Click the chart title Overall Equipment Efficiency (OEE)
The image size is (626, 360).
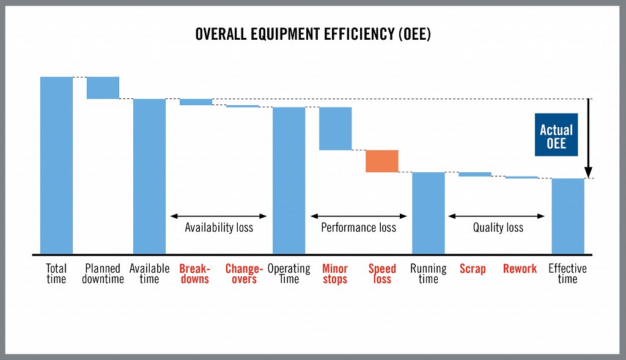pyautogui.click(x=312, y=34)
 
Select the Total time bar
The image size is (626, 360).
pyautogui.click(x=56, y=165)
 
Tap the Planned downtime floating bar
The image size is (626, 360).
pyautogui.click(x=103, y=87)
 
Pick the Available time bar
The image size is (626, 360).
pyautogui.click(x=149, y=176)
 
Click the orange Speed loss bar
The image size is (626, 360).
pyautogui.click(x=382, y=161)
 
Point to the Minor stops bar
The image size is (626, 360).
pyautogui.click(x=335, y=128)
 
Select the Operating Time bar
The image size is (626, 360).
pyautogui.click(x=289, y=180)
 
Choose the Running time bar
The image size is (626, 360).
pyautogui.click(x=428, y=213)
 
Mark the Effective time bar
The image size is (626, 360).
pyautogui.click(x=568, y=216)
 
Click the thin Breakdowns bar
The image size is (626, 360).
pyautogui.click(x=196, y=102)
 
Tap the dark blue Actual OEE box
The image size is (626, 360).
pyautogui.click(x=556, y=135)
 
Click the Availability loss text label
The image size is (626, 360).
pyautogui.click(x=219, y=228)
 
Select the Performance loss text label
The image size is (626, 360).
pyautogui.click(x=358, y=228)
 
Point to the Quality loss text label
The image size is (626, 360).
pyautogui.click(x=498, y=228)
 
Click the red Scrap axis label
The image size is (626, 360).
pyautogui.click(x=472, y=269)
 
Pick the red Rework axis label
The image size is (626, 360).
pyautogui.click(x=520, y=269)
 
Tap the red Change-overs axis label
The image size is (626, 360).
pyautogui.click(x=244, y=274)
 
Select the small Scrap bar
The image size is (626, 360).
pyautogui.click(x=475, y=174)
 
